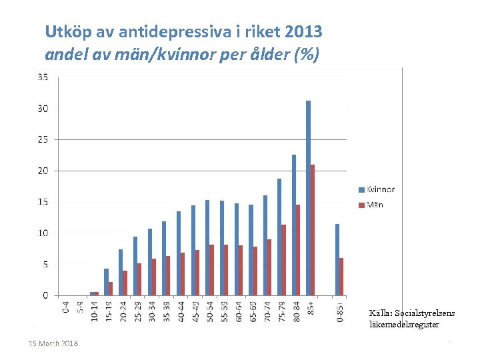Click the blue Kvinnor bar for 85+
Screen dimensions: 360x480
(308, 198)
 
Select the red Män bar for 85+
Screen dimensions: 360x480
(313, 230)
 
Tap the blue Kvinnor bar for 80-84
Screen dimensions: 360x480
(293, 225)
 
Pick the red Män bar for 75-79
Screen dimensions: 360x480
(283, 260)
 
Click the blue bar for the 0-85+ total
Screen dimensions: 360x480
(337, 259)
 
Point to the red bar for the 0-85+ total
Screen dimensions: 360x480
(341, 277)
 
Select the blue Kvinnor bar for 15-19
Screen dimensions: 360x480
(106, 282)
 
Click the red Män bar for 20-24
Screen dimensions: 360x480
(125, 283)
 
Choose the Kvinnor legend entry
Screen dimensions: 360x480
(377, 189)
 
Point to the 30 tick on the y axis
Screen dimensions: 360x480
(43, 109)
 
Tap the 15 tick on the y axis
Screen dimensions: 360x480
(43, 202)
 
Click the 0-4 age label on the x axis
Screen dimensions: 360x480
(65, 307)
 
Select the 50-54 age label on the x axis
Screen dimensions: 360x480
(209, 310)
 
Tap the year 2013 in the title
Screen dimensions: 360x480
(303, 31)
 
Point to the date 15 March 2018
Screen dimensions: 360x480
(53, 344)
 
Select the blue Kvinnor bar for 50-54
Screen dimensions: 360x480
(207, 247)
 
